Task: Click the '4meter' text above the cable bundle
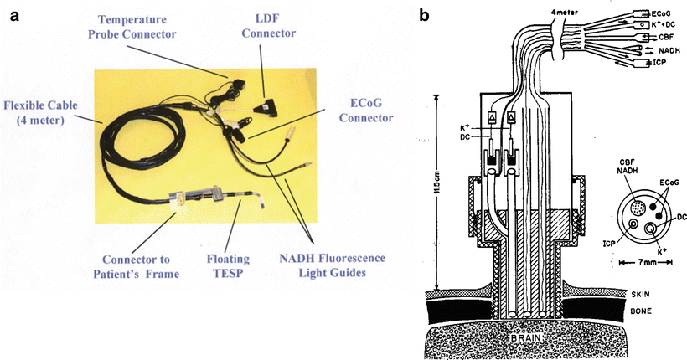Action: click(x=527, y=11)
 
